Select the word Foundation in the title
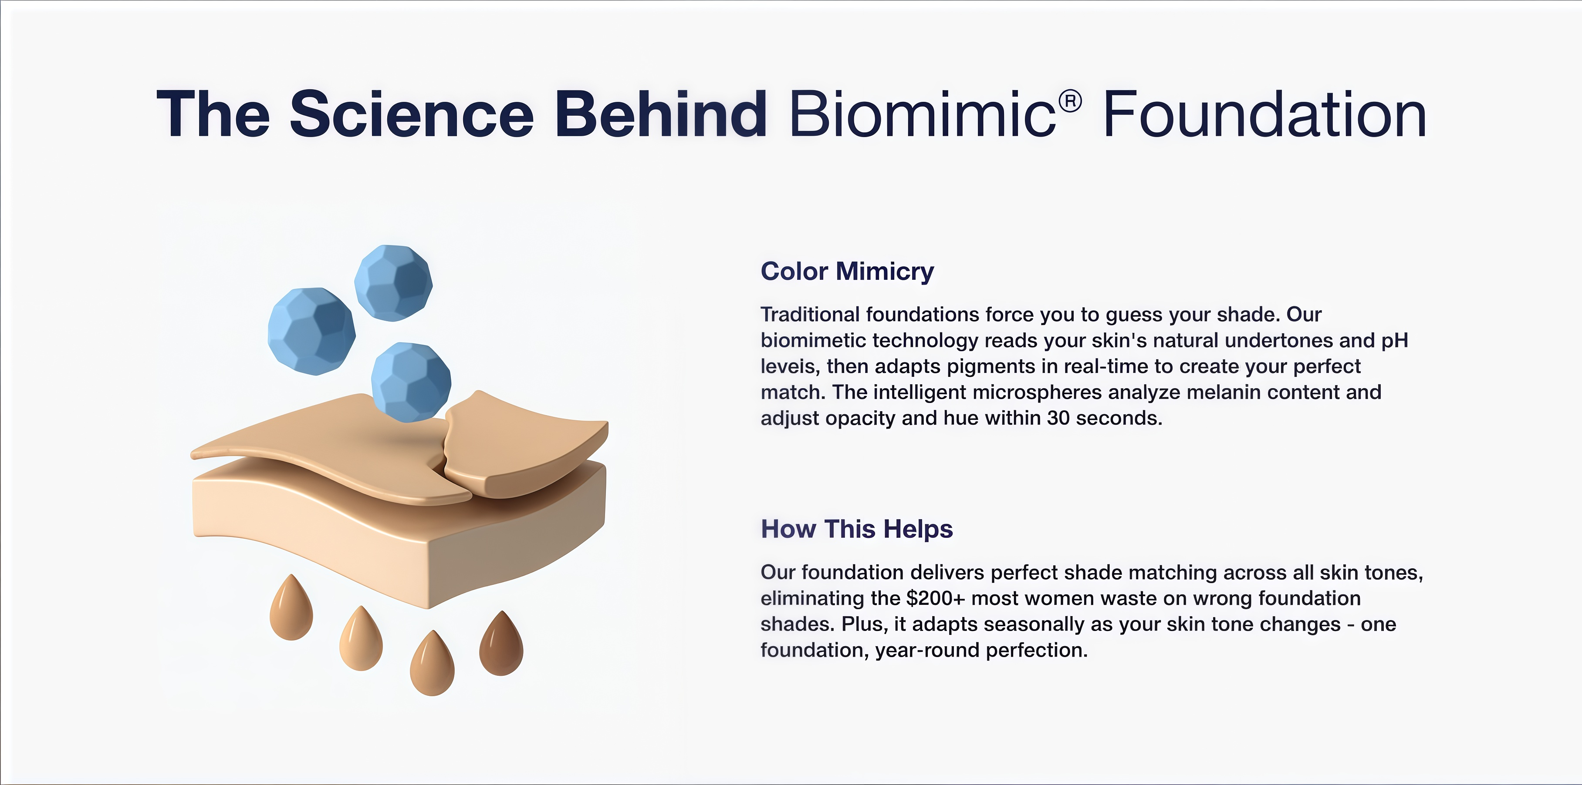pyautogui.click(x=1264, y=114)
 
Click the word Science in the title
pyautogui.click(x=412, y=114)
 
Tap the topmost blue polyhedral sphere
pyautogui.click(x=394, y=282)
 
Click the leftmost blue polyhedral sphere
pyautogui.click(x=311, y=331)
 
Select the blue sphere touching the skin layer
pyautogui.click(x=411, y=382)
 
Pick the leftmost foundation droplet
pyautogui.click(x=291, y=609)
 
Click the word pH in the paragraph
pyautogui.click(x=1395, y=341)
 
